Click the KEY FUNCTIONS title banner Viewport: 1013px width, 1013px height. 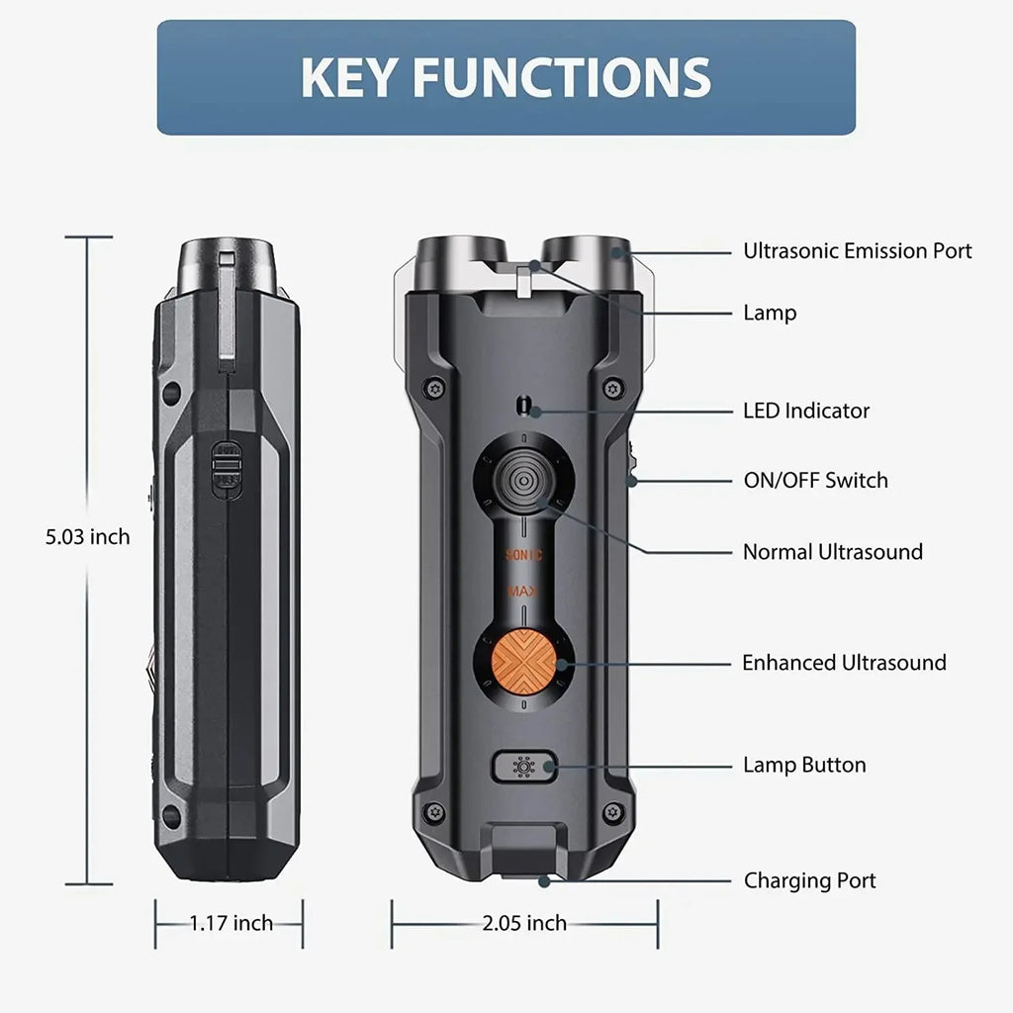tap(506, 77)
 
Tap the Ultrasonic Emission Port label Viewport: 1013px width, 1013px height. tap(858, 250)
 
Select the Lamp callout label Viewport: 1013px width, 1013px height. tap(770, 313)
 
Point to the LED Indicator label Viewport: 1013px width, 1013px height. tap(806, 411)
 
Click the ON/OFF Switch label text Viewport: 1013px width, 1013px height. tap(815, 481)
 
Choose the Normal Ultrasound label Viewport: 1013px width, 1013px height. tap(833, 552)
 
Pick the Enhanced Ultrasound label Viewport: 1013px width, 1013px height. tap(845, 663)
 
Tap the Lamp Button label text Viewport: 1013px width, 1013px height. tap(804, 765)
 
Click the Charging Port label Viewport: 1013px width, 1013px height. tap(809, 880)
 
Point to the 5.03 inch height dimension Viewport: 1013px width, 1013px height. tap(88, 537)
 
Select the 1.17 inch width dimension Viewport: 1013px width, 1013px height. tap(230, 923)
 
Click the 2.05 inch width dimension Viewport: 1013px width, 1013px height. tap(524, 923)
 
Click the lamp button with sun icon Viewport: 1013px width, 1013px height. tap(524, 767)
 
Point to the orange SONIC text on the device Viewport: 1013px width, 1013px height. tap(524, 554)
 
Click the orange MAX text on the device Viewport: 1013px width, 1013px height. tap(522, 592)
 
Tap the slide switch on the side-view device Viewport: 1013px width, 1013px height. tap(227, 470)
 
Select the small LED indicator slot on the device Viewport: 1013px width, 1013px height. tap(524, 406)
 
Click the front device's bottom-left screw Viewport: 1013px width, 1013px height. tap(435, 811)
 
